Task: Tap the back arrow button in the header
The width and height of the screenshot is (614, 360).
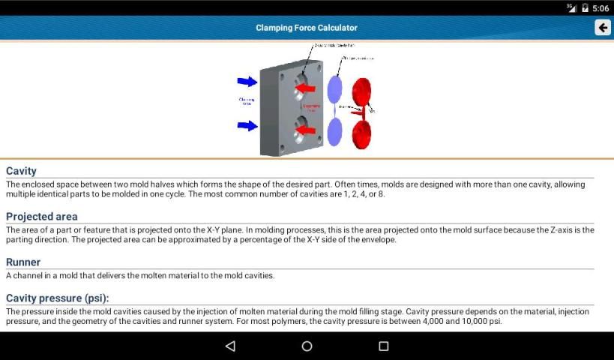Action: coord(602,28)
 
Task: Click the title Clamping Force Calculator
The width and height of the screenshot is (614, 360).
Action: coord(307,28)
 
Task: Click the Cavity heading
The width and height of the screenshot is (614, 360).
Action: coord(21,171)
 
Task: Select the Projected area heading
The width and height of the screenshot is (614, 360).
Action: coord(41,217)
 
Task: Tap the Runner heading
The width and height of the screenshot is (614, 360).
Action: coord(23,262)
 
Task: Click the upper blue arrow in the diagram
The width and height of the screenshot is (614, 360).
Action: coord(247,81)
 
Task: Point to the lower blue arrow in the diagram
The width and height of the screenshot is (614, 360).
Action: coord(247,125)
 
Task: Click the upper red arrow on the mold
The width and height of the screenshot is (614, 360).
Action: coord(304,88)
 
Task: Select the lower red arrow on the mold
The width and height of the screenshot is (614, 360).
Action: coord(304,132)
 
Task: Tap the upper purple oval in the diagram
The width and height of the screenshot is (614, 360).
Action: coord(334,88)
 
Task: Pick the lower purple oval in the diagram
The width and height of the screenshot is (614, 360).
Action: coord(334,132)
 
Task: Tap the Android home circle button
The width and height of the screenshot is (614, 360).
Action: coord(307,346)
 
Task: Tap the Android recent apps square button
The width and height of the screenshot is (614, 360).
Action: coord(383,346)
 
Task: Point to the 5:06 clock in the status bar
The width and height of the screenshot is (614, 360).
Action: coord(601,8)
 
